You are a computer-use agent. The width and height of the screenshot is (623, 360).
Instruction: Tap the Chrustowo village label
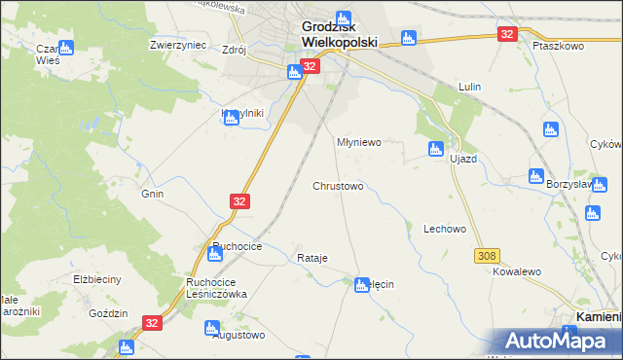[338, 185]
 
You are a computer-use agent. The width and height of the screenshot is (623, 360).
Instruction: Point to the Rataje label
[311, 258]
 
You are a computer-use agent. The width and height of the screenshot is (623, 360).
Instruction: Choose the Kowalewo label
[517, 275]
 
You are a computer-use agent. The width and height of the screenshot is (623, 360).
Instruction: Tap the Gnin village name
[152, 194]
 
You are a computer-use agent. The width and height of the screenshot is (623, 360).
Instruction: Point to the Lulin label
[471, 87]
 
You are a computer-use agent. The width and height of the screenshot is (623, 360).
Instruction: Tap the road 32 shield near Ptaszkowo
[506, 34]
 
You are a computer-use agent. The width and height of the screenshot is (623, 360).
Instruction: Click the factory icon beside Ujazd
[435, 149]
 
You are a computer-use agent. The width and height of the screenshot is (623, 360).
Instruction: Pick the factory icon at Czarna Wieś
[65, 47]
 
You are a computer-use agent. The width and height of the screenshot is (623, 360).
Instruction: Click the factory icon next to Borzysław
[535, 175]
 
